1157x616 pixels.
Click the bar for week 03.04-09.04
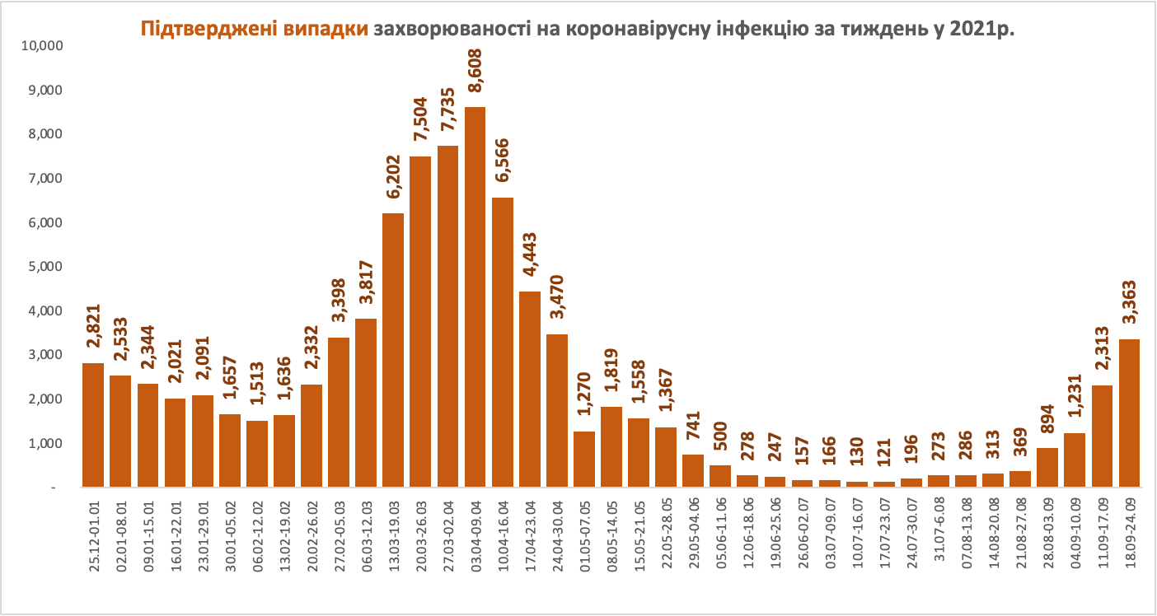pyautogui.click(x=475, y=296)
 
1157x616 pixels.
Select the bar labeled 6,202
pyautogui.click(x=394, y=350)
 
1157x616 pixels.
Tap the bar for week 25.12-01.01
pyautogui.click(x=93, y=425)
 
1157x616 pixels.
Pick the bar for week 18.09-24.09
pyautogui.click(x=1130, y=413)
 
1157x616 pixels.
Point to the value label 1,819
pyautogui.click(x=611, y=375)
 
